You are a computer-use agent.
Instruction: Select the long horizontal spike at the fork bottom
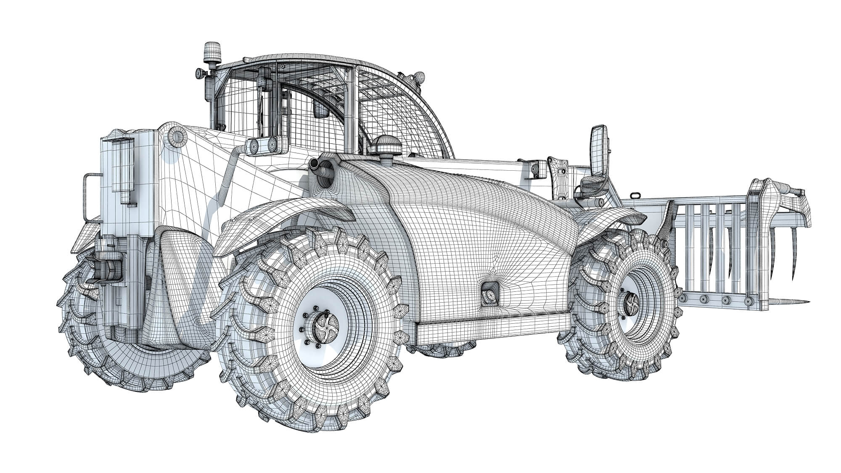click(x=778, y=301)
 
